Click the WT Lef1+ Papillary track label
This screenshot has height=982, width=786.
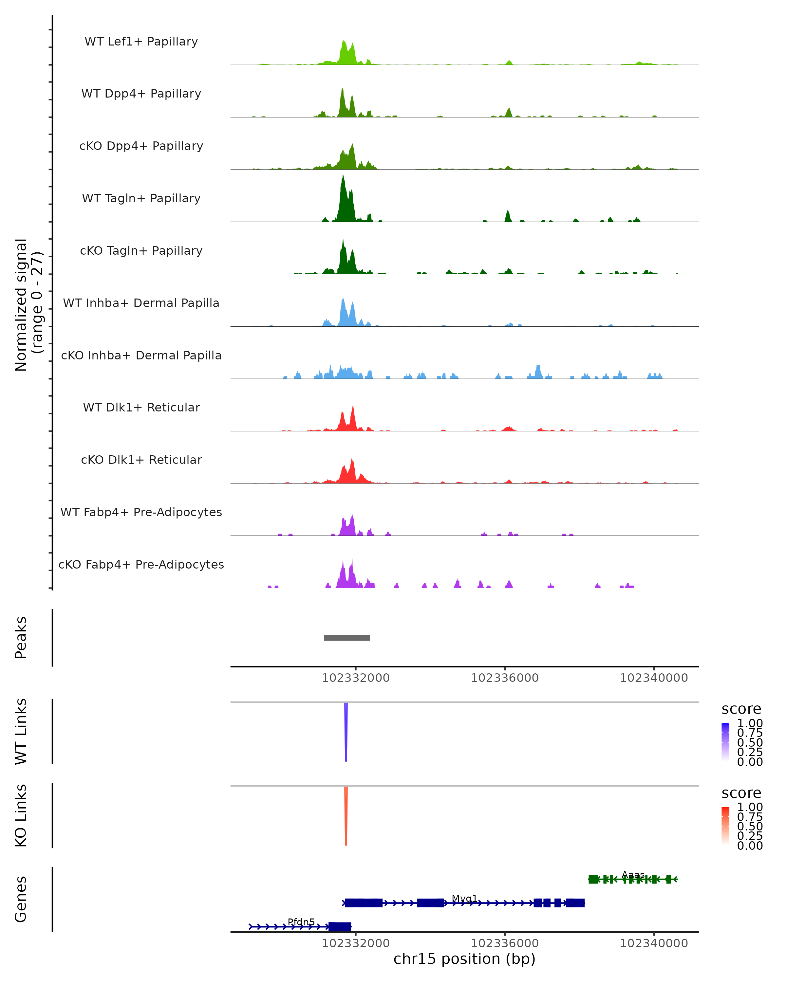(x=141, y=42)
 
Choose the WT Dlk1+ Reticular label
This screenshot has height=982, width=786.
(x=141, y=407)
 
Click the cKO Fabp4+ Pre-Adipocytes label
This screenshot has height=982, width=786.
(x=141, y=564)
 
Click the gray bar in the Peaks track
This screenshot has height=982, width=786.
(x=347, y=638)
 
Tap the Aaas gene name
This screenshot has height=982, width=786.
(x=633, y=875)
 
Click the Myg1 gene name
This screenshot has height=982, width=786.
(x=464, y=898)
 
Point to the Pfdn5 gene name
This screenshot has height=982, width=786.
(x=301, y=922)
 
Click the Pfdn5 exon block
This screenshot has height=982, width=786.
(x=340, y=926)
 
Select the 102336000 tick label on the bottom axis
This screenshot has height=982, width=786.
(x=504, y=943)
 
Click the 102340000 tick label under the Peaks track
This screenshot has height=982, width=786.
(x=653, y=678)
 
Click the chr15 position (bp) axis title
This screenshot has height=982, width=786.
(x=464, y=959)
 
